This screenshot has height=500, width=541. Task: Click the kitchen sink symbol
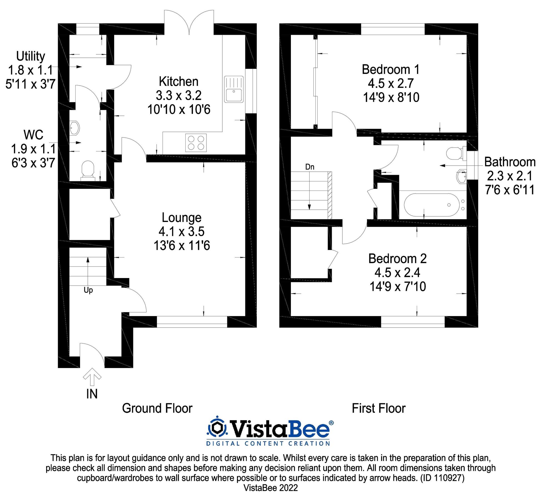pyautogui.click(x=234, y=89)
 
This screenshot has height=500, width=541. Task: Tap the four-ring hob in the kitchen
pyautogui.click(x=196, y=142)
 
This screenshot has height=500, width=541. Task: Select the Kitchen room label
pyautogui.click(x=179, y=82)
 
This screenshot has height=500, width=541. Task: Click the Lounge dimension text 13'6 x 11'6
pyautogui.click(x=182, y=246)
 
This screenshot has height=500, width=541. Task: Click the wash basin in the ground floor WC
pyautogui.click(x=74, y=128)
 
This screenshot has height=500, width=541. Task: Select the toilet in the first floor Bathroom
pyautogui.click(x=456, y=153)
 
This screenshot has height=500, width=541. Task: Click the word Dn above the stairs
pyautogui.click(x=310, y=167)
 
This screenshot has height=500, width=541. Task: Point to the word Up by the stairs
pyautogui.click(x=88, y=290)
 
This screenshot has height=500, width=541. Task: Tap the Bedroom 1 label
pyautogui.click(x=390, y=69)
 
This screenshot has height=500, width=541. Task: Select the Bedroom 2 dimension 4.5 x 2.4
pyautogui.click(x=397, y=272)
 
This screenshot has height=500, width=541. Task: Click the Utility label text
pyautogui.click(x=31, y=56)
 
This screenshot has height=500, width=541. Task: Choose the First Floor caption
pyautogui.click(x=378, y=408)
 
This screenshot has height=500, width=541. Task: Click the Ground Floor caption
pyautogui.click(x=157, y=408)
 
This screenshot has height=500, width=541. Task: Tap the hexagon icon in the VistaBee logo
pyautogui.click(x=217, y=428)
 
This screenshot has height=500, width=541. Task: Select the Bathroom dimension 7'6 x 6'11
pyautogui.click(x=510, y=190)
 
